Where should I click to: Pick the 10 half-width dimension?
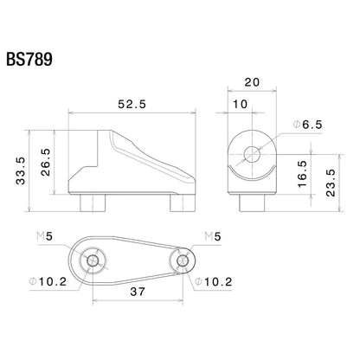tap(240, 104)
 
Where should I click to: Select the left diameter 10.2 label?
tap(55, 280)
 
